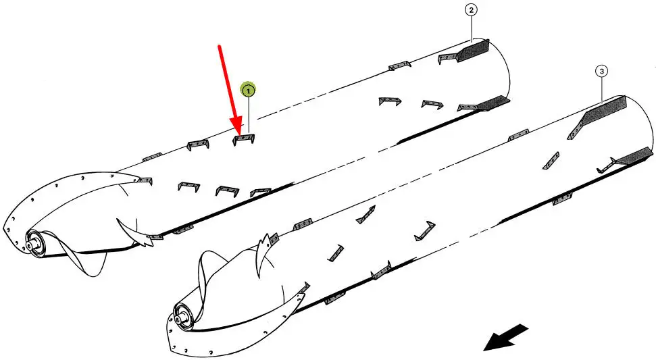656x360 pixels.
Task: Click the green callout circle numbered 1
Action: point(248,90)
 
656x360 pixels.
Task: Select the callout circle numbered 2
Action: point(472,10)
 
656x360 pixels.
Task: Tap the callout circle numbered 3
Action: point(601,72)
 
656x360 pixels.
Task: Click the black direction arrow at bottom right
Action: point(505,336)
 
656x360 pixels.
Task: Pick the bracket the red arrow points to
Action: point(243,138)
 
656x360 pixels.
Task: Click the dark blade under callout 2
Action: point(473,50)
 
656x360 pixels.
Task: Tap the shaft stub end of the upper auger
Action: point(30,242)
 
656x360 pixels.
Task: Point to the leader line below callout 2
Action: point(472,28)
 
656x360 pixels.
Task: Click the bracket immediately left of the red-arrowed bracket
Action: point(199,144)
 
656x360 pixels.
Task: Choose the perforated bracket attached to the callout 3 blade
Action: point(576,130)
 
